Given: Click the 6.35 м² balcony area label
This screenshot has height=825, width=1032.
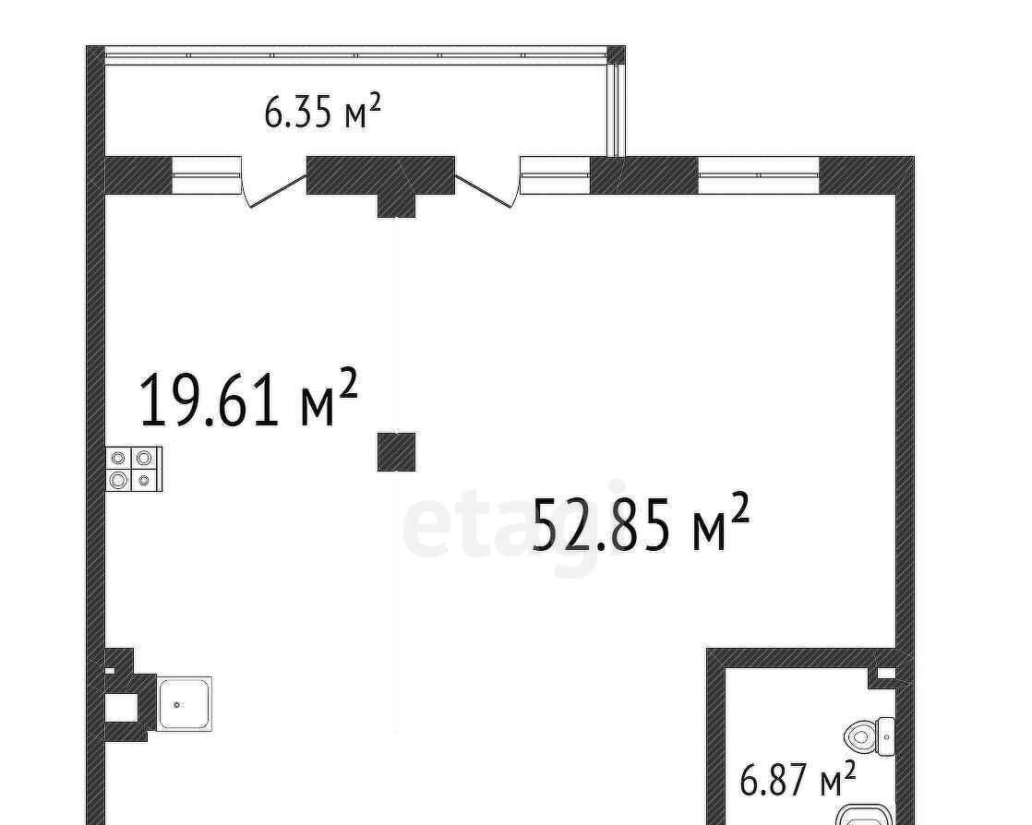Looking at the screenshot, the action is [322, 111].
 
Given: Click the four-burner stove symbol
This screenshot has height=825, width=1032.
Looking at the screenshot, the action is [134, 469].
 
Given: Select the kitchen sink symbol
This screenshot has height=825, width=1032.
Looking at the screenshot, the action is [185, 703].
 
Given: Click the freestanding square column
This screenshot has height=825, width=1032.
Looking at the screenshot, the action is [396, 452].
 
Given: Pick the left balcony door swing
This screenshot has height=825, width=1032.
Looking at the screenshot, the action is [273, 185].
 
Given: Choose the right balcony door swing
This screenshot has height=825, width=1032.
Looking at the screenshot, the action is [487, 185].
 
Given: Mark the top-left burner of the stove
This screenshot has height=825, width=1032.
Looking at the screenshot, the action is [118, 458].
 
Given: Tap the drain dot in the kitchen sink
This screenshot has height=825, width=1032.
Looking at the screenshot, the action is [176, 705].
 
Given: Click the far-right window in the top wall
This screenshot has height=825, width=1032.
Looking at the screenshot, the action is [758, 175].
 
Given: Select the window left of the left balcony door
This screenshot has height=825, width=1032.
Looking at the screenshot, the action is [205, 175].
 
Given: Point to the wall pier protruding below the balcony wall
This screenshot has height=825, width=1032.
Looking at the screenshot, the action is [396, 205].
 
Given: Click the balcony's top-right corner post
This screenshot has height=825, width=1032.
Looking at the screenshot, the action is [616, 54].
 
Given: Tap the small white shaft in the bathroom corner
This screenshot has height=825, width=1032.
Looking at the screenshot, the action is [886, 673].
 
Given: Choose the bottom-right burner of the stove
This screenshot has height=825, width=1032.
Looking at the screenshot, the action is [144, 480].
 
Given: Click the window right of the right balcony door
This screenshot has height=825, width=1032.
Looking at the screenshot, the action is [556, 175].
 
